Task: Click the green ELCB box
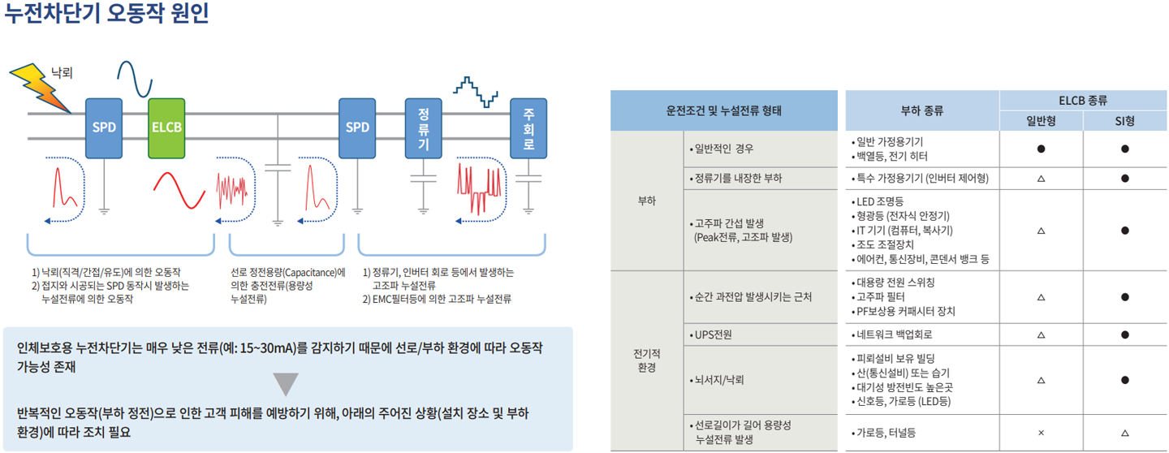166,127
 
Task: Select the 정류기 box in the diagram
423,127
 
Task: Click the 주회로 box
528,127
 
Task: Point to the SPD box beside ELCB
104,127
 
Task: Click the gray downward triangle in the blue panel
286,383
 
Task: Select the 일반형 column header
1041,121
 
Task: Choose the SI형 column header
1124,121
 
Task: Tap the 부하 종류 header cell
921,110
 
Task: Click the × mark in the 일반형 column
1041,433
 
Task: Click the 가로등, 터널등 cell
886,433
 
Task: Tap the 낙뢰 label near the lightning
62,72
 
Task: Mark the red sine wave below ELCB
179,192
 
